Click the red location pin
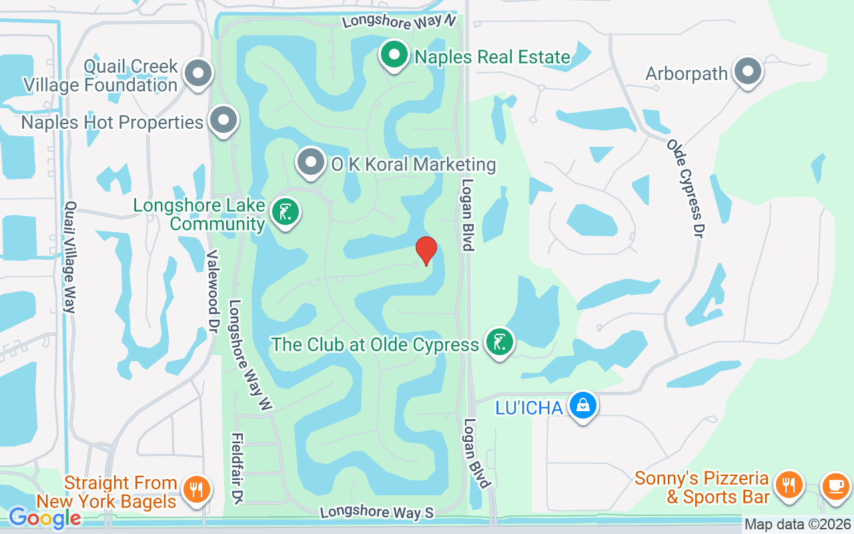(x=426, y=251)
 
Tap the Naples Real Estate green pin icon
(x=394, y=55)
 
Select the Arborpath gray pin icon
(x=748, y=71)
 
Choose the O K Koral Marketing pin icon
(x=310, y=162)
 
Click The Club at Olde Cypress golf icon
(x=500, y=343)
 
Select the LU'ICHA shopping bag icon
(x=583, y=405)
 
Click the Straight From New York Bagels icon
(x=196, y=490)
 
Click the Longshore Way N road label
(x=399, y=21)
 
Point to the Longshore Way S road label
(x=377, y=512)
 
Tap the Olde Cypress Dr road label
(x=687, y=188)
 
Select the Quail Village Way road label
(x=69, y=257)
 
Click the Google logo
(x=44, y=517)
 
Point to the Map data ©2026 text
(x=798, y=525)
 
